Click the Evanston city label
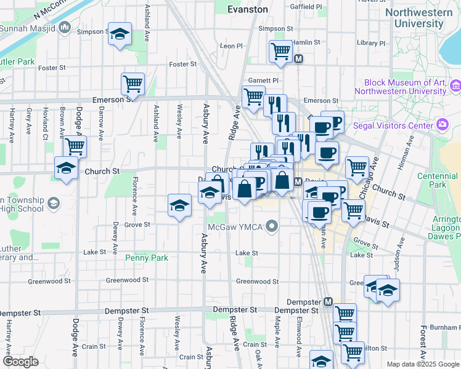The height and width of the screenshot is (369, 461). tap(247, 9)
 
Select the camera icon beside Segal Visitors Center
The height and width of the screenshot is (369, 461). tap(442, 125)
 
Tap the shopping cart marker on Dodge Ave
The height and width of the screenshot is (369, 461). tap(75, 146)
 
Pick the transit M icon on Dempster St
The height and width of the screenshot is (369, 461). tap(328, 302)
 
